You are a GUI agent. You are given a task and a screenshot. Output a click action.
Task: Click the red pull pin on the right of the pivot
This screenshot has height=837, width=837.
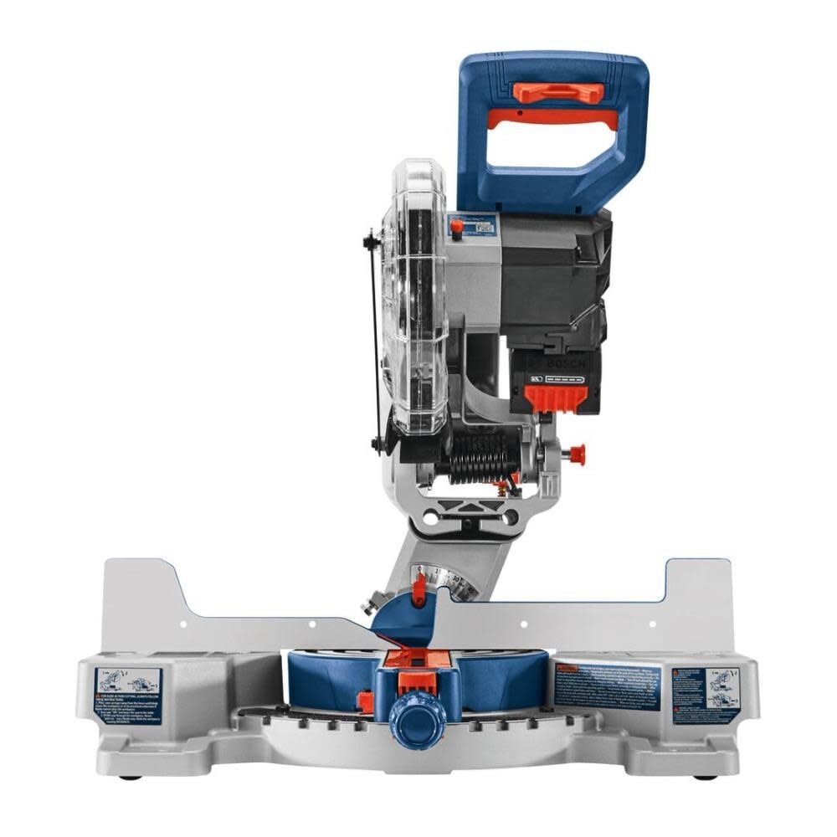576,453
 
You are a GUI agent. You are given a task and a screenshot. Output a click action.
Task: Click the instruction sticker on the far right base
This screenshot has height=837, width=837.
712,687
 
